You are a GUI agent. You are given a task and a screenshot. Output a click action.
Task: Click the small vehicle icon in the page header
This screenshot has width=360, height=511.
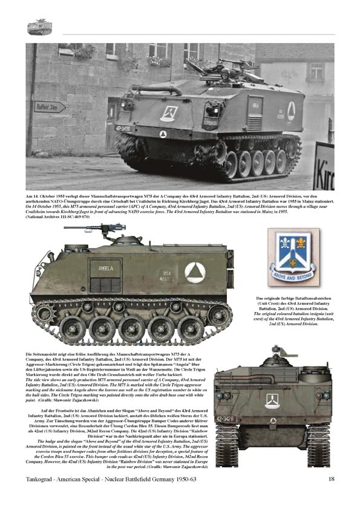click(x=39, y=27)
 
